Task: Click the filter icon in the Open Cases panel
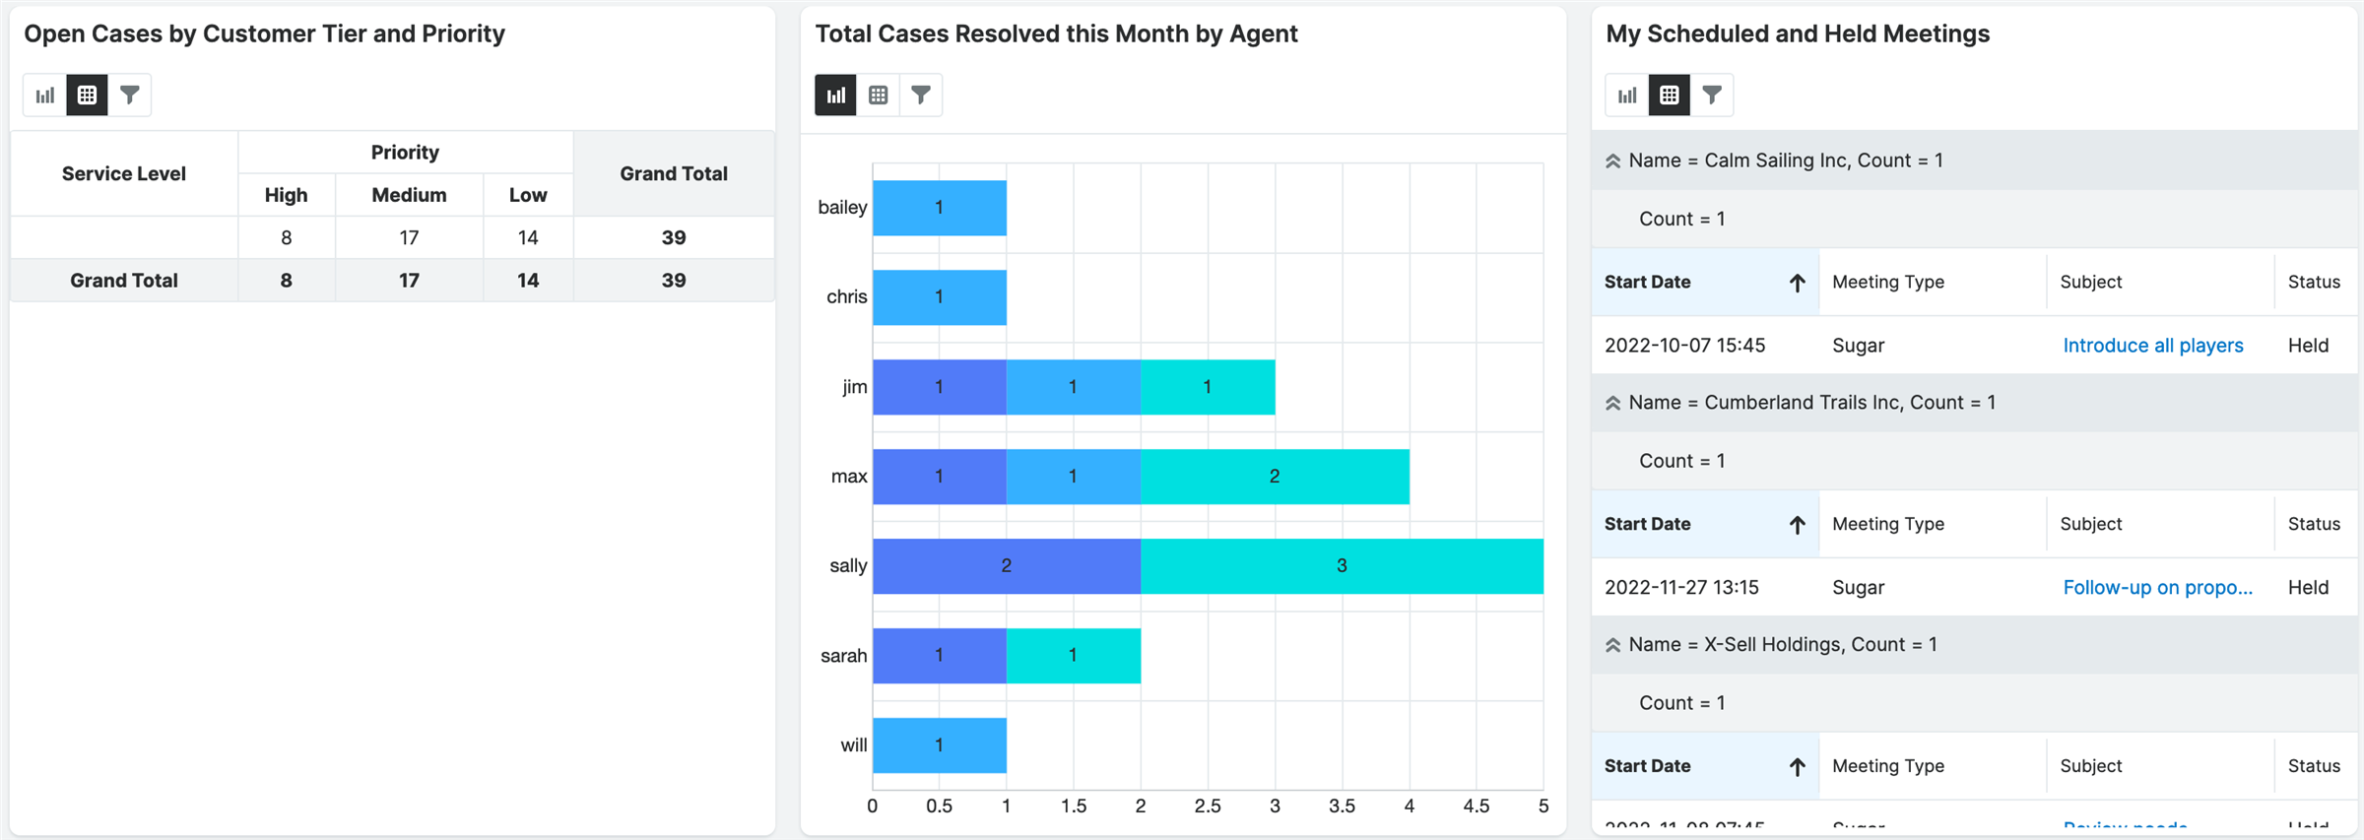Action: [129, 96]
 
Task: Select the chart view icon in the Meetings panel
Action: [1627, 96]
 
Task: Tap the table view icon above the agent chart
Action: [878, 96]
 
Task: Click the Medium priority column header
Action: [409, 195]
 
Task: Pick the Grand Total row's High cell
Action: [286, 281]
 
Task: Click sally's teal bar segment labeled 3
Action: [1342, 566]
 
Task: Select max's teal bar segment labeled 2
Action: [1275, 477]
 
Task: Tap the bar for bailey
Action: [939, 208]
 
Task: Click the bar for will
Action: [939, 745]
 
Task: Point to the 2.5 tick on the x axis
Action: [1208, 806]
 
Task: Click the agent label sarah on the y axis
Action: [843, 656]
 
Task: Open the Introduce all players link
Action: [2153, 346]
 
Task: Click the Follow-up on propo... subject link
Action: [2157, 588]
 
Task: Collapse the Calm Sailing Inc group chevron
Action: [1612, 161]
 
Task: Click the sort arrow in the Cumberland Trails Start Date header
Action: [1797, 525]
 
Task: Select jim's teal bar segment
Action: [1208, 387]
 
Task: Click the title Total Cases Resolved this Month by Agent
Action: [1056, 34]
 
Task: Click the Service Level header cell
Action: [124, 174]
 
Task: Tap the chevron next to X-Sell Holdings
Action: [1612, 645]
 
